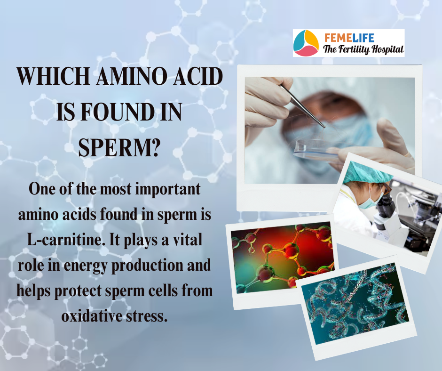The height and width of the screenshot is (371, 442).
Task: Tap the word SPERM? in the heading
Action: coord(119,147)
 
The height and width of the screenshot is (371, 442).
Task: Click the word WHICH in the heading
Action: coord(54,77)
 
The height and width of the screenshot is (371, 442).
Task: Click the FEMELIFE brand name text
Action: coord(349,38)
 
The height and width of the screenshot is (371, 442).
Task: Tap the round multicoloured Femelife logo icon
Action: coord(306,43)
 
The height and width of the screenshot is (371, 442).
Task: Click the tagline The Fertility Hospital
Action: coord(363,49)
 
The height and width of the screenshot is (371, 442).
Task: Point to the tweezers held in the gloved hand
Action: coord(303,106)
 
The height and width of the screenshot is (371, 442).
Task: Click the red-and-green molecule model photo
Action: coord(282,258)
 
